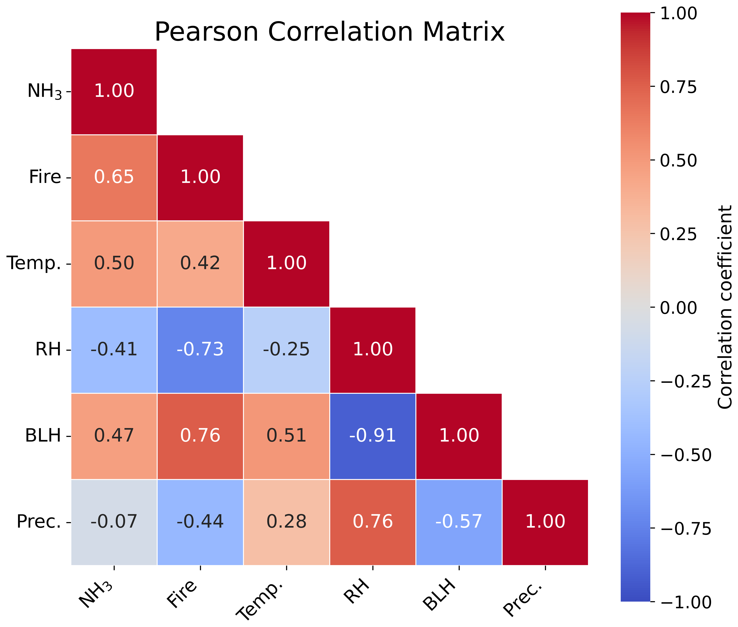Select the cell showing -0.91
373,436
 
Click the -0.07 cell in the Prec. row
114,522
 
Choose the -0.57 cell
459,522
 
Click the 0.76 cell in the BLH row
200,436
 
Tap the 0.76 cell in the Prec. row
373,522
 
